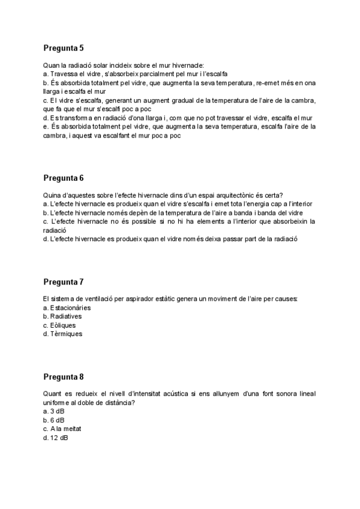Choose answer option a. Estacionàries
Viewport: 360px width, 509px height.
tap(67, 307)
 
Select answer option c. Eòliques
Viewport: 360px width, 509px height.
tap(61, 325)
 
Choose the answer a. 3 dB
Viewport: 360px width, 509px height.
tap(54, 411)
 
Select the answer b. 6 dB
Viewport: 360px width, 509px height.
tap(54, 420)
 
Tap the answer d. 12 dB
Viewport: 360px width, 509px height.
tap(56, 438)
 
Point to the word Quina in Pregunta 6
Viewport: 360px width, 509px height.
tap(52, 195)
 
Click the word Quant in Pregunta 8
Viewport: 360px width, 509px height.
tap(53, 394)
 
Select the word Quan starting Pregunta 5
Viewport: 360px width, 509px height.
tap(51, 65)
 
